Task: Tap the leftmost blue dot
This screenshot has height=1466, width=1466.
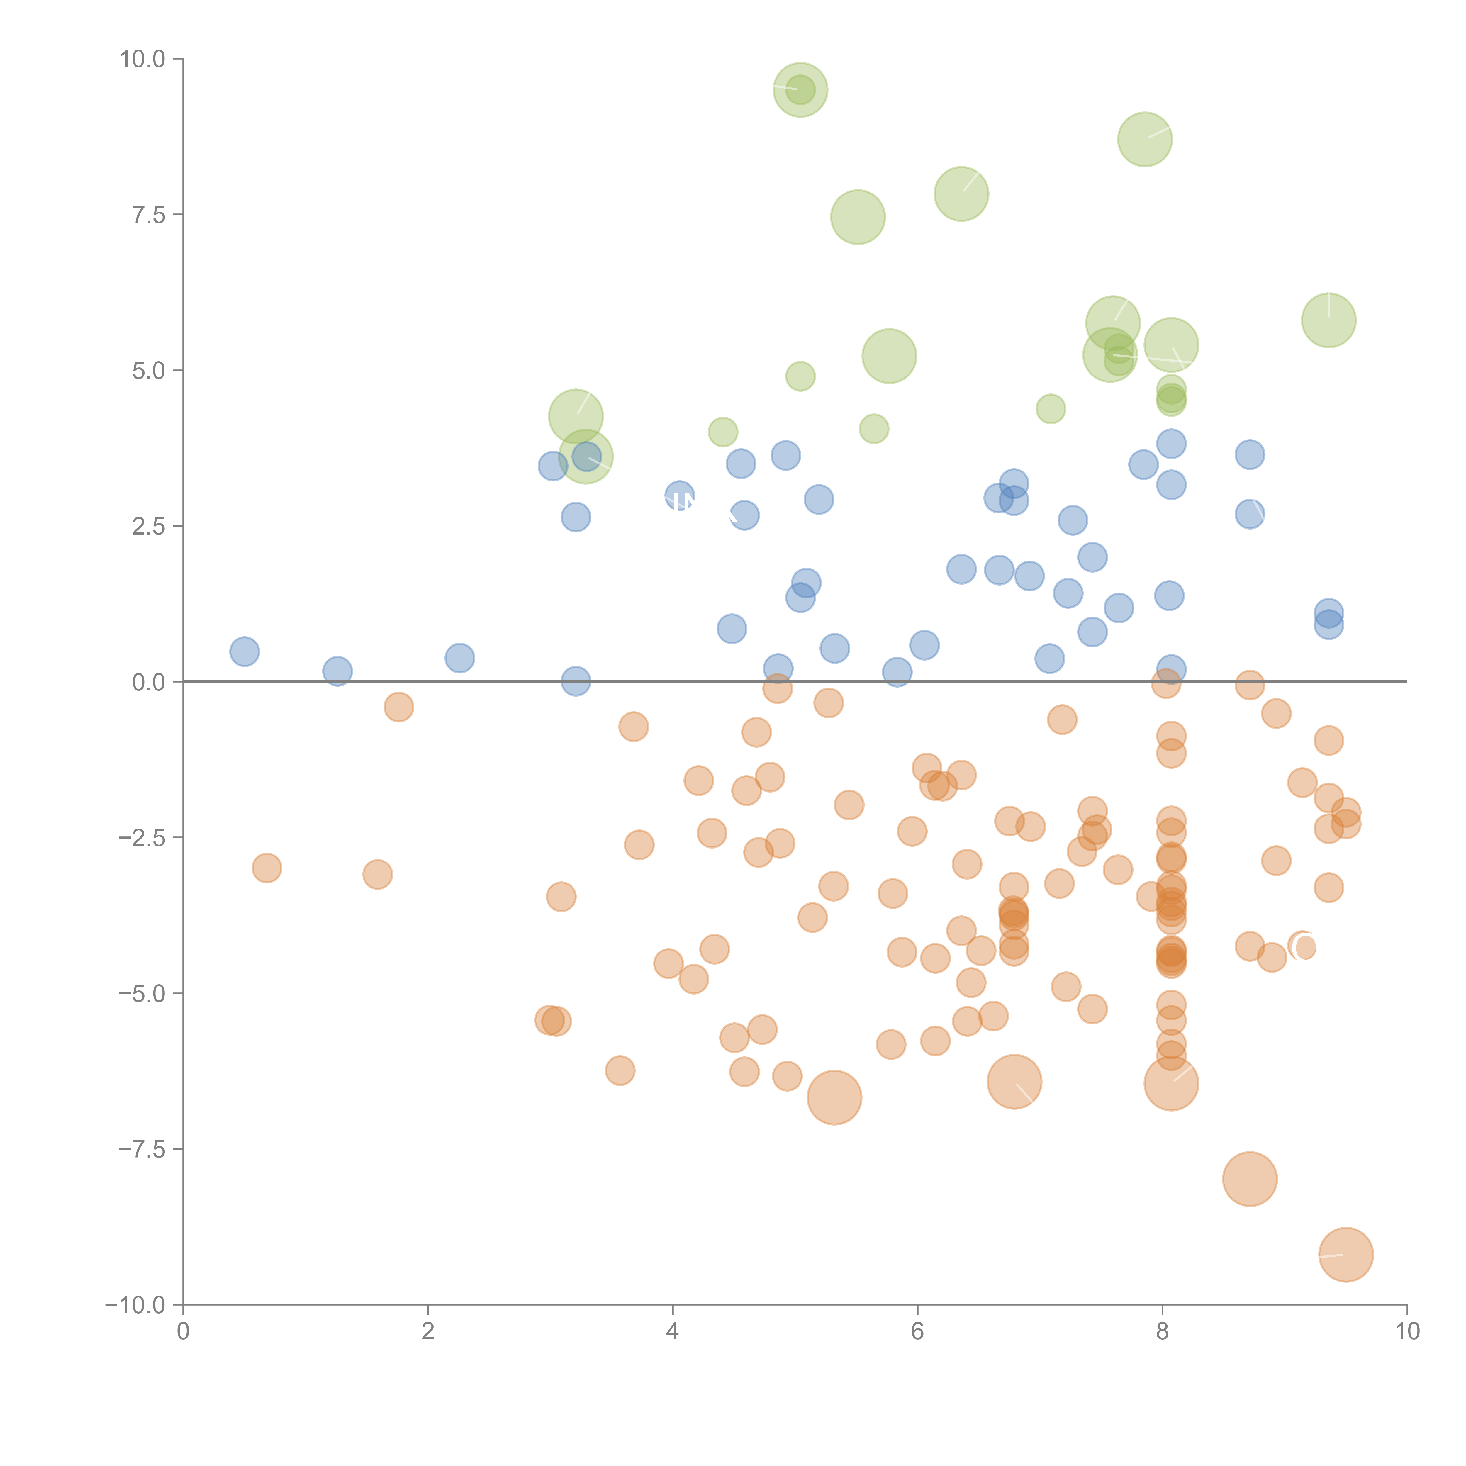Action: point(244,651)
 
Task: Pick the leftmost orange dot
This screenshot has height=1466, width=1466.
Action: point(266,867)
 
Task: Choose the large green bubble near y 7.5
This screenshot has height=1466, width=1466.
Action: point(858,217)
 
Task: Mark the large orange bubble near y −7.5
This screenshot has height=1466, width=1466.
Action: point(1250,1178)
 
